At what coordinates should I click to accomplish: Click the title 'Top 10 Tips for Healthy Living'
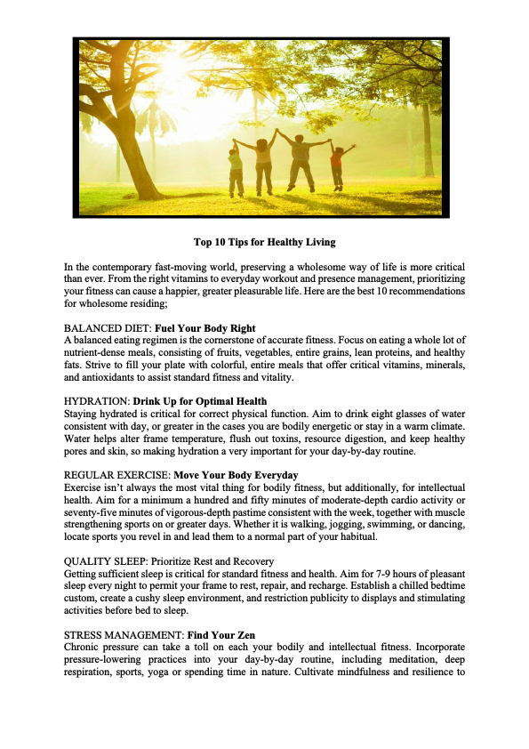click(264, 242)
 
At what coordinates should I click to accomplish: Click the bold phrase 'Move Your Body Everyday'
click(236, 474)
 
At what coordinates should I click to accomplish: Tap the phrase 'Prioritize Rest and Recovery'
click(212, 561)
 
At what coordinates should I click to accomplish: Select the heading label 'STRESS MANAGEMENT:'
click(124, 633)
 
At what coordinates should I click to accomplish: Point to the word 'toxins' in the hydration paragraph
click(285, 439)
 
